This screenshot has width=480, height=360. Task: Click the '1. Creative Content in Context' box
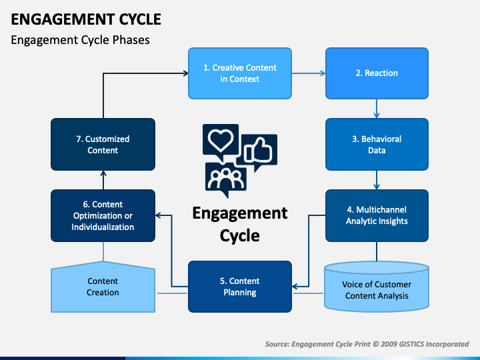tap(240, 73)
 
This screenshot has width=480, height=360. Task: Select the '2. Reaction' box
tap(377, 73)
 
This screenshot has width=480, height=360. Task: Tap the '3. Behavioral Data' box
tap(377, 145)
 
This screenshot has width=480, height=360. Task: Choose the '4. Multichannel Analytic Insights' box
tap(377, 215)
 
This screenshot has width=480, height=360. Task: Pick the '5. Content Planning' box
tap(240, 287)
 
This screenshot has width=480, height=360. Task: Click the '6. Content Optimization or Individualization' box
tap(103, 215)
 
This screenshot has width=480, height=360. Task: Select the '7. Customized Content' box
tap(103, 145)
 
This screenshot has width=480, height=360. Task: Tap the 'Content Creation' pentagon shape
tap(103, 287)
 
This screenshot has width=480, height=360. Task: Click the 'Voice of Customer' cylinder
tap(377, 287)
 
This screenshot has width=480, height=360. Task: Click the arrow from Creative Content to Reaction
tap(309, 73)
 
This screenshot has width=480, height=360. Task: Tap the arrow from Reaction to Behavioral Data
tap(377, 109)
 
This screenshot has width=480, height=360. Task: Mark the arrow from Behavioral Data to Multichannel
tap(377, 180)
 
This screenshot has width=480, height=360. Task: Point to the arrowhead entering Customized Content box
tap(103, 173)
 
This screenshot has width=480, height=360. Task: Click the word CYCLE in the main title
tap(140, 19)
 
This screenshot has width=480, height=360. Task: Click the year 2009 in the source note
tap(389, 344)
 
